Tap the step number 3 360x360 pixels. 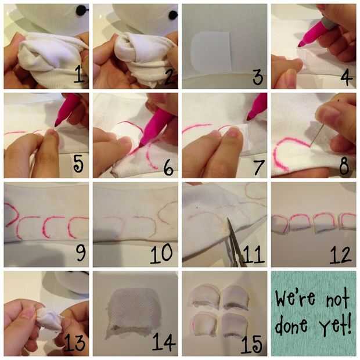[x=258, y=77]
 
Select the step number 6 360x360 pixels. [x=168, y=167]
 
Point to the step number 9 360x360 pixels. [x=81, y=253]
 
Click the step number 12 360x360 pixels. [x=340, y=255]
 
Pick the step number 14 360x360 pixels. [x=164, y=341]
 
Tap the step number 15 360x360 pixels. [x=251, y=344]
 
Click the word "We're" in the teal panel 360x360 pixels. [x=296, y=298]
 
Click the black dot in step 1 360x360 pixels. [x=81, y=10]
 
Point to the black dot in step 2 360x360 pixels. [x=172, y=15]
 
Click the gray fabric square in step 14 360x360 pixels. [x=134, y=312]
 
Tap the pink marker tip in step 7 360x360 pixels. [x=249, y=118]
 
